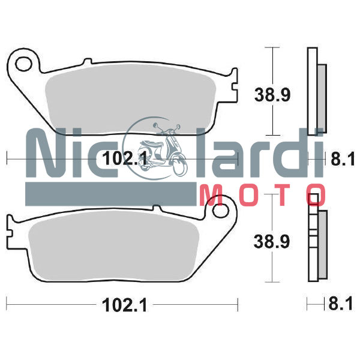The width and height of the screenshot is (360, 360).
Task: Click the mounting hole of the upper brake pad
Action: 25,62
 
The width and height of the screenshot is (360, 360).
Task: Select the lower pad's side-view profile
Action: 317,240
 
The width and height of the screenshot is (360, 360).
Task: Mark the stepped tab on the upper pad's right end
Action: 232,80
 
